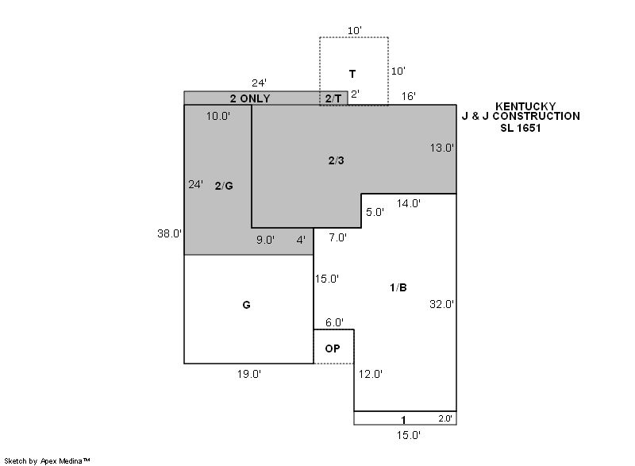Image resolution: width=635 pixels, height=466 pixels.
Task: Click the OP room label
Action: pos(333,349)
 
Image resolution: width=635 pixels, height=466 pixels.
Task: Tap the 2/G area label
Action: pos(224,186)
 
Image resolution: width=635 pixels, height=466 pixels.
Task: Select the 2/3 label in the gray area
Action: pos(336,160)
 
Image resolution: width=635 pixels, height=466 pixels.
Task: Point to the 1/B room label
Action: pos(398,287)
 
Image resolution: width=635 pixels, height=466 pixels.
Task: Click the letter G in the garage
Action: pos(246,305)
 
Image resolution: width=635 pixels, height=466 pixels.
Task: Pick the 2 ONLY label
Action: pos(250,98)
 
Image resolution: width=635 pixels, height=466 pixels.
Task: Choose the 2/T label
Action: pos(333,98)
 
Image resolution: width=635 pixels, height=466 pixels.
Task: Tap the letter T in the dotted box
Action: pos(352,74)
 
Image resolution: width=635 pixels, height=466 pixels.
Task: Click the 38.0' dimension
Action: pos(170,233)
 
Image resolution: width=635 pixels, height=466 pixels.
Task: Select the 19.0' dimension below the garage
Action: pos(249,374)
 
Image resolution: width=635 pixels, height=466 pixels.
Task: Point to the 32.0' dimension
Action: pos(442,304)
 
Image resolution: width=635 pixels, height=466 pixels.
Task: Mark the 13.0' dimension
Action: pos(442,148)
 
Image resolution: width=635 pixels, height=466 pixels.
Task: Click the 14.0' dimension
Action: pos(409,203)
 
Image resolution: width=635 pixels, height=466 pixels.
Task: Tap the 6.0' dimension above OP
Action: pos(334,322)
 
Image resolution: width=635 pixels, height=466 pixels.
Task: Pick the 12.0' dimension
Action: pos(371,374)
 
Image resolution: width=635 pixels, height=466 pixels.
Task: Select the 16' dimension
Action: pos(409,96)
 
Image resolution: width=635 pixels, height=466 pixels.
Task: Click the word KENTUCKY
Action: pos(525,106)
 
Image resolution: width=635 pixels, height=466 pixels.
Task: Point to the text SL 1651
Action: pos(521,128)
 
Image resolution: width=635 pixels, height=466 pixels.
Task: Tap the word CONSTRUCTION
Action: pos(537,116)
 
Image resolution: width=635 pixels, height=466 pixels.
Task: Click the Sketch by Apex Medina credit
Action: pos(47,460)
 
